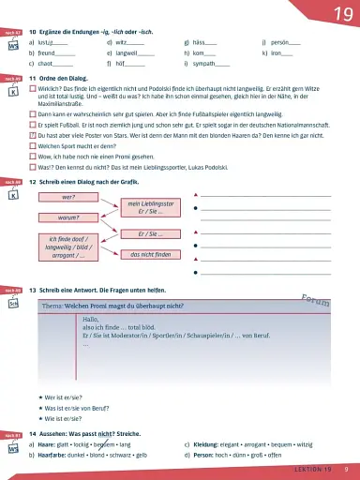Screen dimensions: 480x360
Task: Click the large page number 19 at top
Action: click(x=334, y=13)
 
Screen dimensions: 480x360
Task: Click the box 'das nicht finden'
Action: click(x=150, y=253)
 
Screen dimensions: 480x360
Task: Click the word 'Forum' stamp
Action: click(x=315, y=300)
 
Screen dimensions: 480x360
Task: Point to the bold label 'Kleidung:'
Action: click(x=207, y=445)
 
